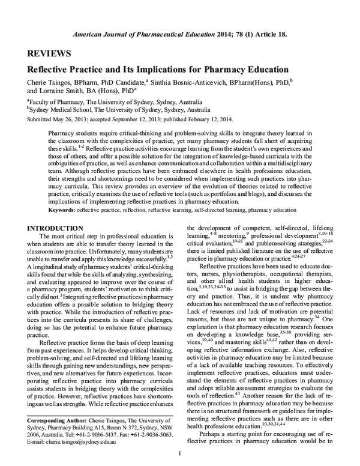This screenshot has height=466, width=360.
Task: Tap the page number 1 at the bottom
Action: pos(180,452)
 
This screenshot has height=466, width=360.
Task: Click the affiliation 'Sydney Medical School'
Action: pos(59,110)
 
